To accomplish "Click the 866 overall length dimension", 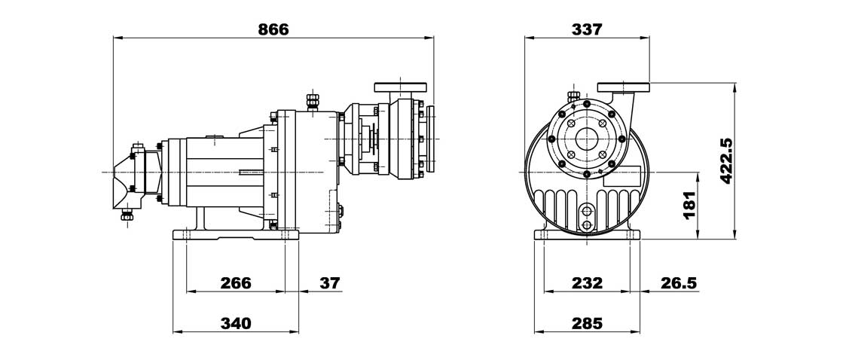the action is [273, 29].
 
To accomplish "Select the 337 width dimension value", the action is [587, 29].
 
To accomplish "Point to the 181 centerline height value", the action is [689, 205].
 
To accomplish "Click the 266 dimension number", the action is [236, 282].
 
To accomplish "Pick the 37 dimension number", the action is [329, 282].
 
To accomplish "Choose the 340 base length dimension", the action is [236, 323].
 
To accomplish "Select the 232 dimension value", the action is [587, 282].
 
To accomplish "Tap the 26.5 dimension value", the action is [679, 282].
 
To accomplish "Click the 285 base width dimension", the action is [587, 323].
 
